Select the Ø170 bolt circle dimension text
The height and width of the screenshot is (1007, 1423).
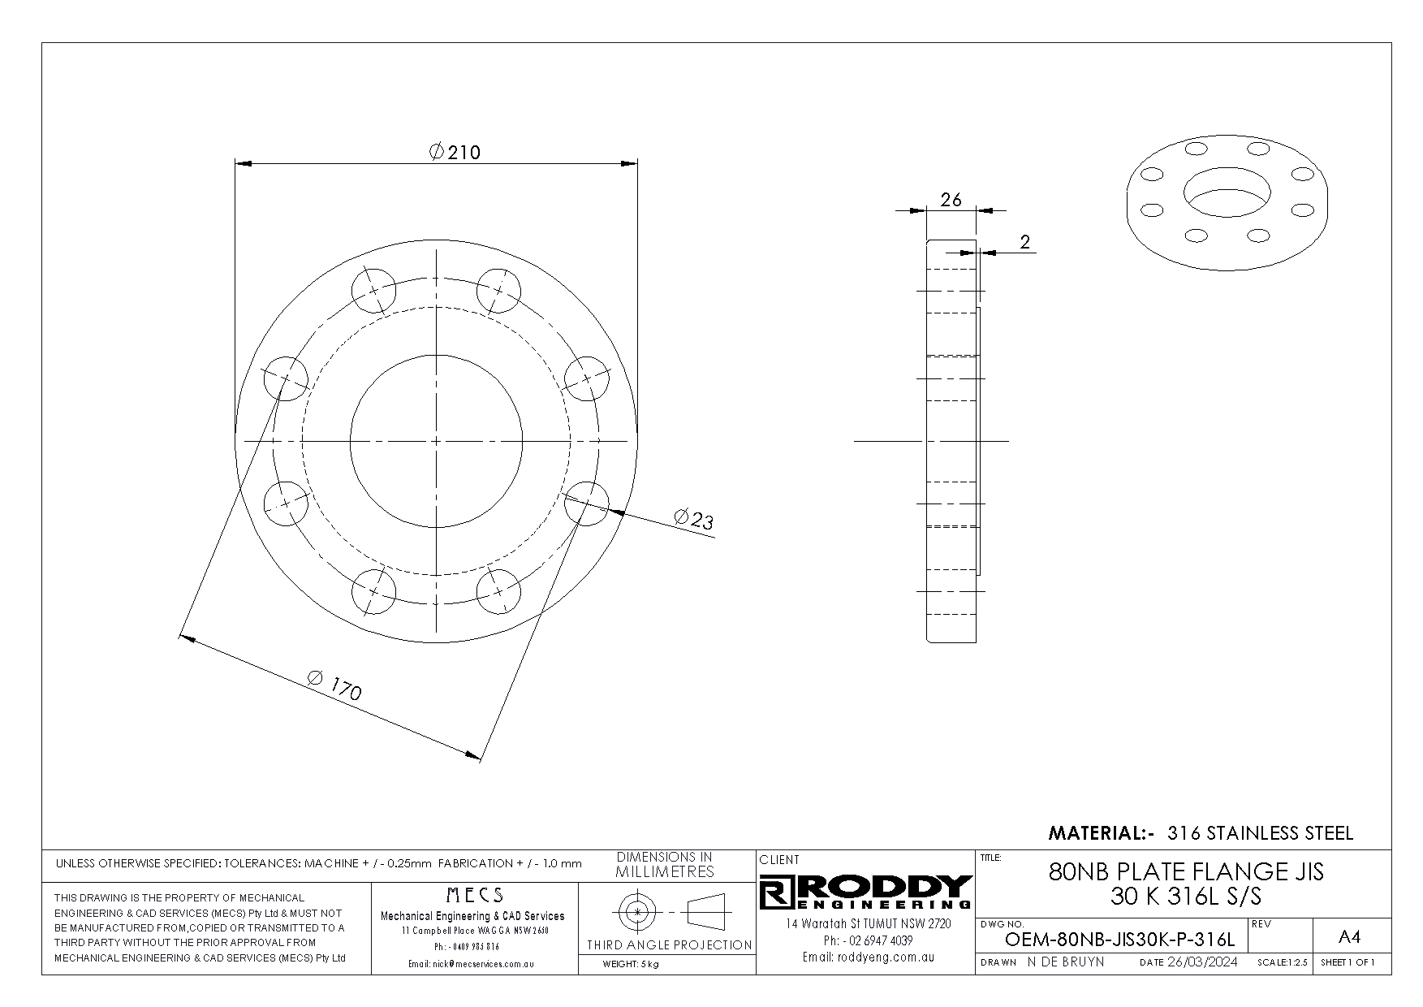point(335,685)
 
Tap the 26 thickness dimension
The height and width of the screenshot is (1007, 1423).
point(951,199)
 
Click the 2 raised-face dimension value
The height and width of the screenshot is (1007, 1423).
point(1025,241)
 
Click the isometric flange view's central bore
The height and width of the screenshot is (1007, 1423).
point(1227,193)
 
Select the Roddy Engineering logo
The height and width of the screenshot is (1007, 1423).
point(866,892)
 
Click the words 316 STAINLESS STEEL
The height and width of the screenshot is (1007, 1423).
point(1260,833)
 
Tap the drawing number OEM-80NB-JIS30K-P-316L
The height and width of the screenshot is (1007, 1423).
point(1119,940)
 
